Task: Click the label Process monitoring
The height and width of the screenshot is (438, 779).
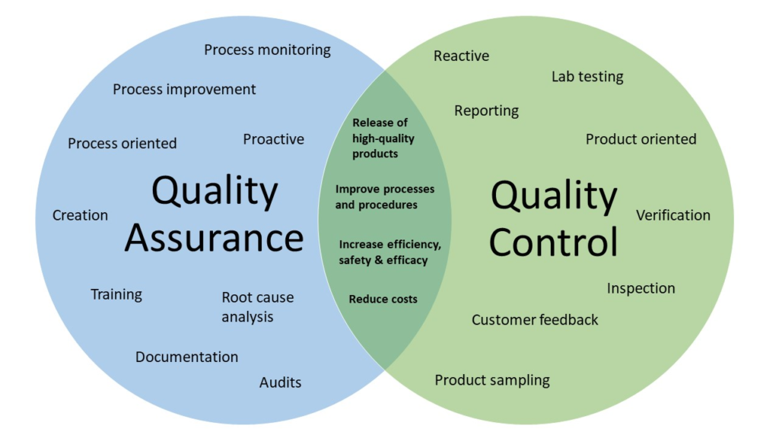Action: [267, 50]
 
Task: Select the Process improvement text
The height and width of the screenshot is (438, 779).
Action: [184, 90]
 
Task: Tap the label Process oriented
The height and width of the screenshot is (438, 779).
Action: [122, 144]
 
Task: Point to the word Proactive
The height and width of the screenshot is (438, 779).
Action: [273, 140]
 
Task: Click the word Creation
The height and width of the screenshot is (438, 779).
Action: [80, 215]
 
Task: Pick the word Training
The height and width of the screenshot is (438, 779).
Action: [116, 295]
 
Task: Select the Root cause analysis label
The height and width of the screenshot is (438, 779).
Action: [257, 307]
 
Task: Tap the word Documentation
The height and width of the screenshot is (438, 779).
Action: [187, 357]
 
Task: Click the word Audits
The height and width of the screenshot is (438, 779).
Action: [280, 382]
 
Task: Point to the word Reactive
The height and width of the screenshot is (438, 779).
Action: [461, 56]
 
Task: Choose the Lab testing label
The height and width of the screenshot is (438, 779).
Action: [587, 77]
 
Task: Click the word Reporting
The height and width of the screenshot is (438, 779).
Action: [486, 111]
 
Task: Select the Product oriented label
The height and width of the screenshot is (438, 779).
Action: [641, 140]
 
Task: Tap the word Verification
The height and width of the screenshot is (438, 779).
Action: [673, 215]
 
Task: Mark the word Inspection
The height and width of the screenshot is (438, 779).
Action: [641, 288]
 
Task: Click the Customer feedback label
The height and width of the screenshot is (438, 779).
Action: [535, 320]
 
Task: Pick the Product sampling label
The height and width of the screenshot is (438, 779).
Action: [492, 380]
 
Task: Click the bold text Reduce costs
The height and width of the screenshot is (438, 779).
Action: [383, 299]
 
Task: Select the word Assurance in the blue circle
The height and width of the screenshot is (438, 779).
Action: [214, 238]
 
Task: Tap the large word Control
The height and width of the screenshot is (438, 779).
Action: [554, 242]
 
